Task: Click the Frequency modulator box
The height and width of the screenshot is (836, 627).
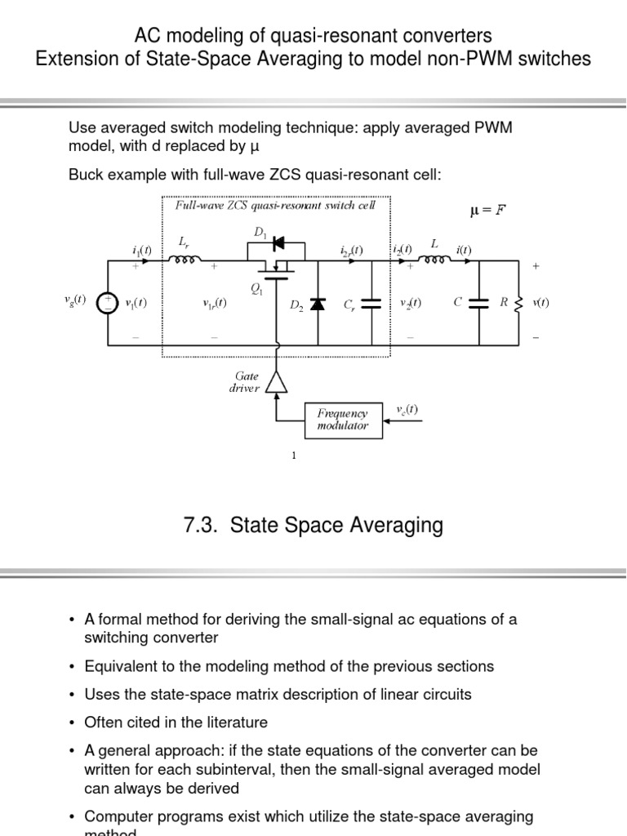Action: click(343, 420)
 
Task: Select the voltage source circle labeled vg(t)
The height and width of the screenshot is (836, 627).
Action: click(107, 303)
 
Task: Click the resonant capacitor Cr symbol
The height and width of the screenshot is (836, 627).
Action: click(371, 303)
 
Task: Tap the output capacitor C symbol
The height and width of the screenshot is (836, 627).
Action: click(479, 302)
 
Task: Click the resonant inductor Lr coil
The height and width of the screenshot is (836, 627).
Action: click(185, 261)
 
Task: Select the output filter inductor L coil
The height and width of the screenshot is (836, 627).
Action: click(434, 261)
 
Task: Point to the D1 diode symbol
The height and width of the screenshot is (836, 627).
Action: click(278, 242)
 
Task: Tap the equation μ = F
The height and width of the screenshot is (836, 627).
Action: click(488, 211)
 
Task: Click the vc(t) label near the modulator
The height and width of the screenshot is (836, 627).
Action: click(407, 409)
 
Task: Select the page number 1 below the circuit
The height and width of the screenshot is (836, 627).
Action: click(294, 456)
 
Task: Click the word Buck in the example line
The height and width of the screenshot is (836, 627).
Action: click(86, 174)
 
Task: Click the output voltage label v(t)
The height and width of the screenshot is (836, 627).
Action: click(540, 302)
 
